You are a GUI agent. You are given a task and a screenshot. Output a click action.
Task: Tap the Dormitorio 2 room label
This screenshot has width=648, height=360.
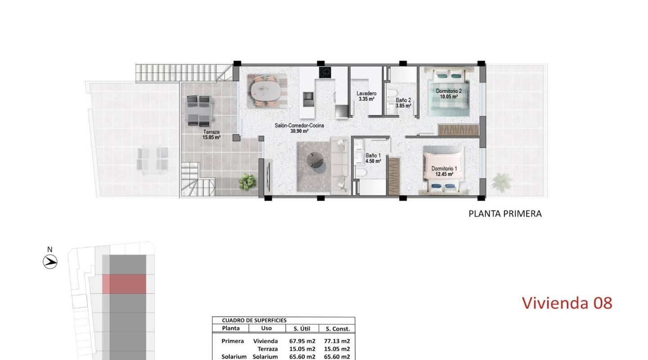449,91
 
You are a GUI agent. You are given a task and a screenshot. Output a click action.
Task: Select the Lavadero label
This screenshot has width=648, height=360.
367,93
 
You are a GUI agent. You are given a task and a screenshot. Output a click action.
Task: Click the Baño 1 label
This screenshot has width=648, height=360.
373,155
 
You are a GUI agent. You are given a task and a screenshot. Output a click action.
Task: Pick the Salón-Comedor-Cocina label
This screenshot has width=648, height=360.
299,126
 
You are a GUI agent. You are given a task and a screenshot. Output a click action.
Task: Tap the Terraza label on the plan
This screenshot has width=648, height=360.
211,132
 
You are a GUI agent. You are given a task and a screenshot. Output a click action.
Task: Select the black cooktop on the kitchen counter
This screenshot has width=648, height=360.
325,72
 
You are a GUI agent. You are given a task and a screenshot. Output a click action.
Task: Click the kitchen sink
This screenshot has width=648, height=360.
308,96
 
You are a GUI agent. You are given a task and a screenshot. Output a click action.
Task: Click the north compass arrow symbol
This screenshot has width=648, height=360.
50,261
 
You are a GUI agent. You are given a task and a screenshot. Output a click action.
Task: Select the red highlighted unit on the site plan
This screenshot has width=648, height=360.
124,284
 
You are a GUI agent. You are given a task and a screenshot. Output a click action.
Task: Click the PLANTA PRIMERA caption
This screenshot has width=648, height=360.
505,214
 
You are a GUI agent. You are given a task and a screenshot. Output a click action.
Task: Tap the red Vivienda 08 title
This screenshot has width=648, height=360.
567,303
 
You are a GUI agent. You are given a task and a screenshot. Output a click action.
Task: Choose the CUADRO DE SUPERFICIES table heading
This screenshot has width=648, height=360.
254,320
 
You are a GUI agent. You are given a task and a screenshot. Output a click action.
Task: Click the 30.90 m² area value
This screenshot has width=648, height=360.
299,131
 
